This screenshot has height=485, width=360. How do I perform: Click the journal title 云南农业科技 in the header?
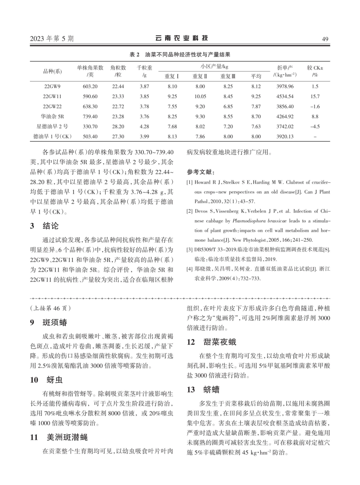pyautogui.click(x=182, y=38)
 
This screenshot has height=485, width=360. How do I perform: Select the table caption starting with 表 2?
pyautogui.click(x=180, y=55)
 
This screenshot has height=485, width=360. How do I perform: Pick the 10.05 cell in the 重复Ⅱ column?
pyautogui.click(x=200, y=96)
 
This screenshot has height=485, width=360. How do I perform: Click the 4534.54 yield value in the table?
pyautogui.click(x=285, y=96)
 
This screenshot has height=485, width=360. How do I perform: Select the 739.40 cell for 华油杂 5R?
pyautogui.click(x=90, y=116)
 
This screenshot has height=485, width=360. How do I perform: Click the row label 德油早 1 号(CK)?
pyautogui.click(x=52, y=136)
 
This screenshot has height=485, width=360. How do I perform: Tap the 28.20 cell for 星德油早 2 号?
pyautogui.click(x=118, y=126)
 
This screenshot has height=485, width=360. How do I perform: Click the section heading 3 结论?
pyautogui.click(x=45, y=226)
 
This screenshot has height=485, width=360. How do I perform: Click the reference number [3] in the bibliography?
pyautogui.click(x=190, y=250)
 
